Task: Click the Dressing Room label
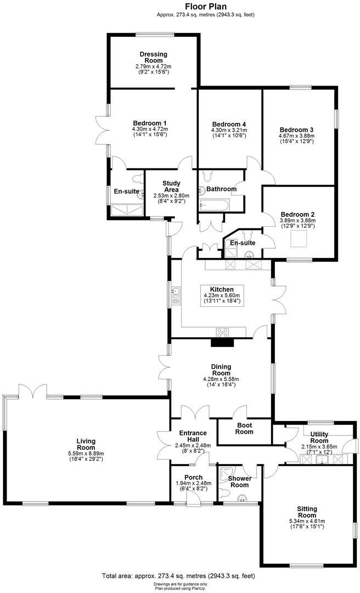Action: tap(153, 58)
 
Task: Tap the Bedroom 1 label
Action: tap(149, 123)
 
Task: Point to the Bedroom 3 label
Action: tap(298, 129)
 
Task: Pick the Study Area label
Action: tap(172, 187)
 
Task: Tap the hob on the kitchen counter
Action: tap(223, 332)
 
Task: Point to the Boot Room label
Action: tap(245, 428)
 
